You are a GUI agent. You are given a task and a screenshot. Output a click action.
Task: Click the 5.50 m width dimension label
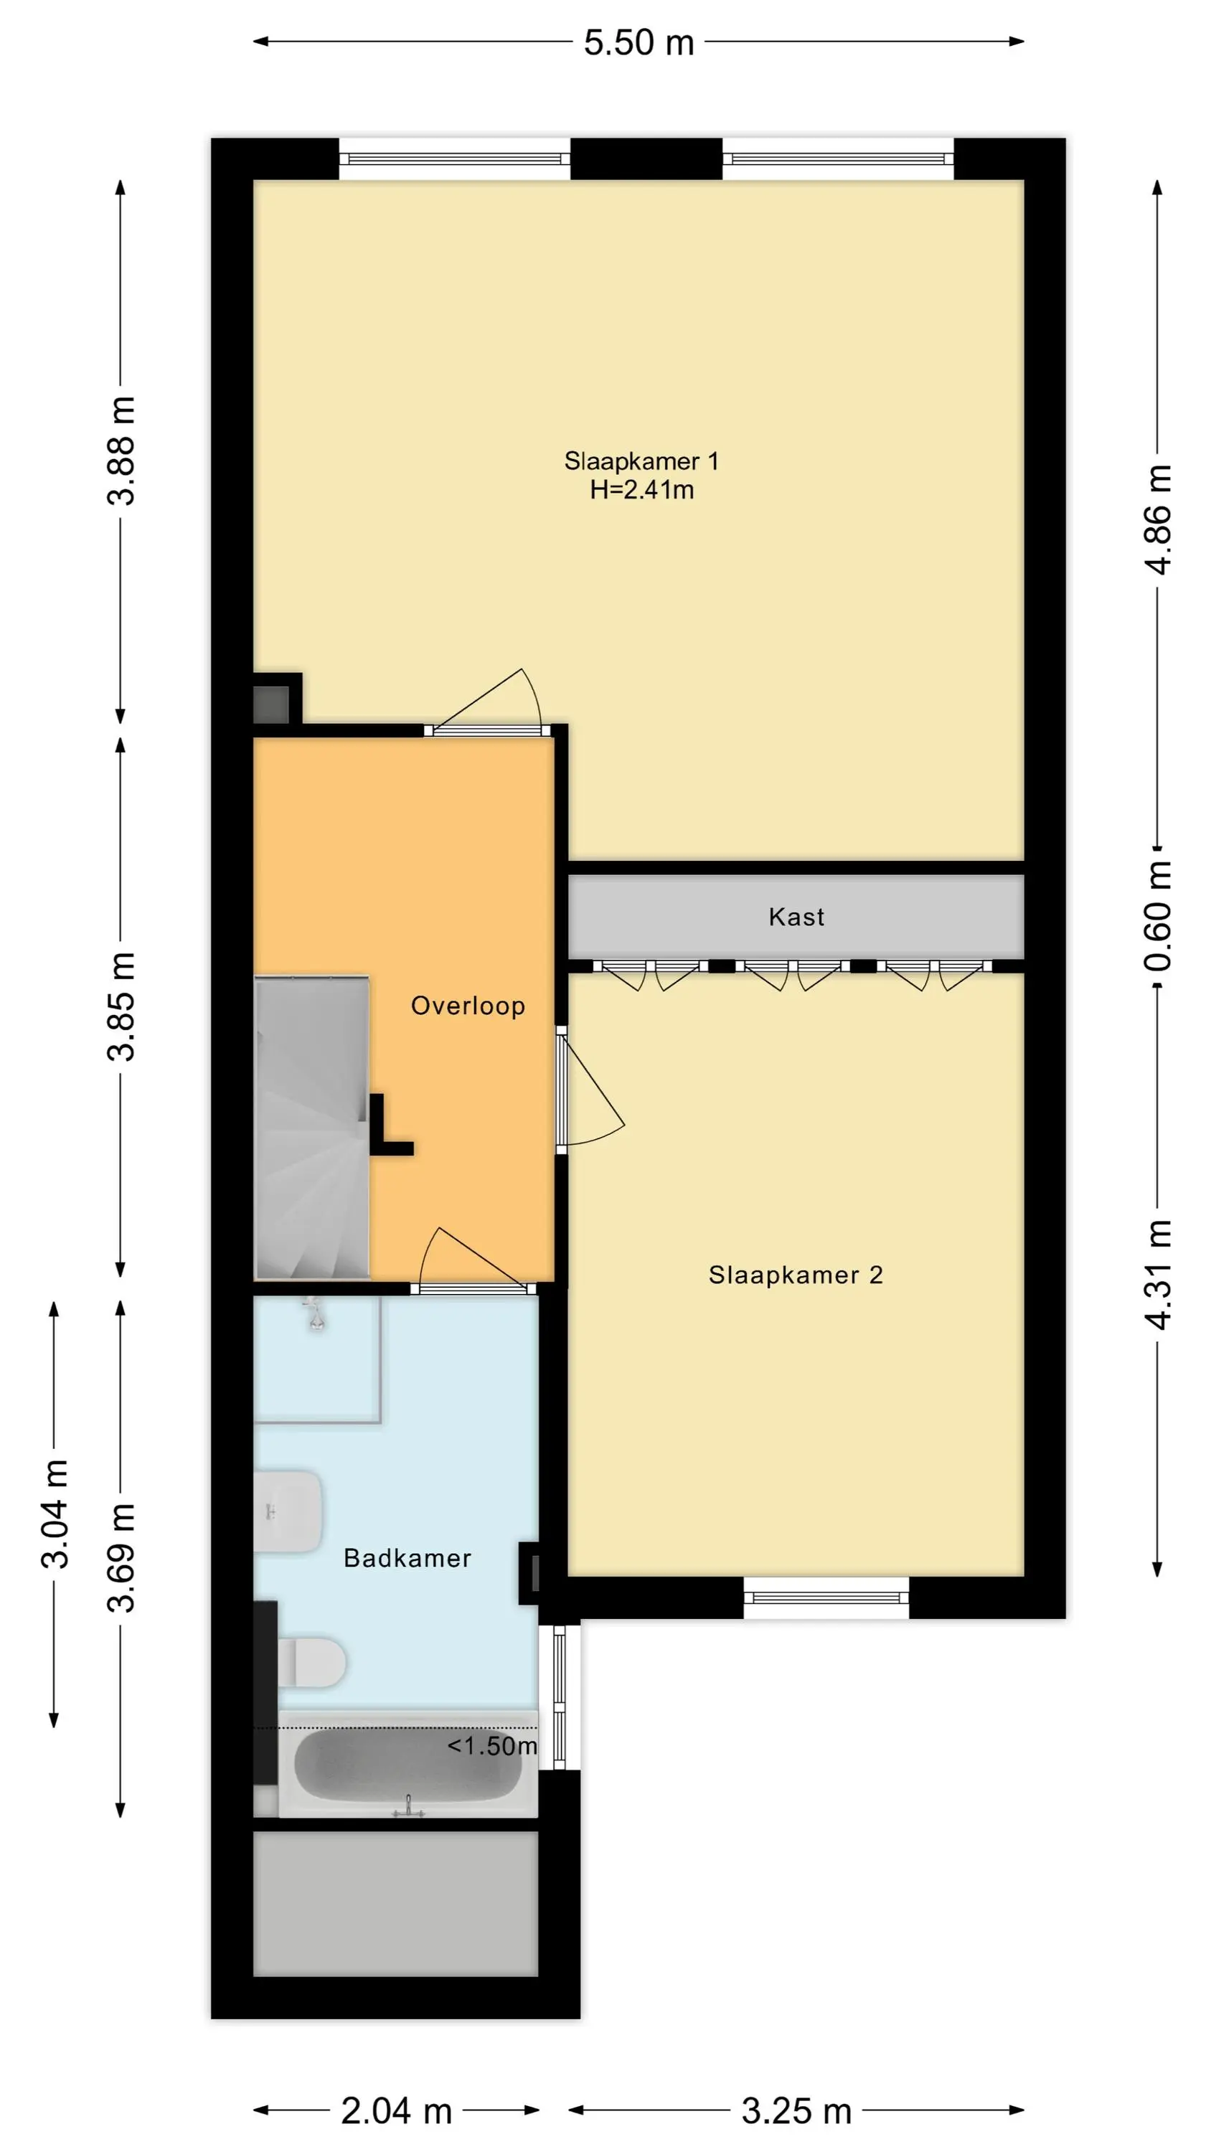pyautogui.click(x=639, y=42)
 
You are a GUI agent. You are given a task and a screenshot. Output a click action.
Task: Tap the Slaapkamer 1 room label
pyautogui.click(x=641, y=461)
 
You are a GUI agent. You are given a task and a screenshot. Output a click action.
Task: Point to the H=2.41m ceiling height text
pyautogui.click(x=642, y=489)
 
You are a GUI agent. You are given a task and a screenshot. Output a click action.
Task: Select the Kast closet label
pyautogui.click(x=796, y=917)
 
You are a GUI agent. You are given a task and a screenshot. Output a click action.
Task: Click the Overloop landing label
pyautogui.click(x=468, y=1006)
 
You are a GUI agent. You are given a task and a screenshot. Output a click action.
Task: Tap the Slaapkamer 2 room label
pyautogui.click(x=796, y=1275)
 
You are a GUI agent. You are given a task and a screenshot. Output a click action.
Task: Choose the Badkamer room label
pyautogui.click(x=407, y=1558)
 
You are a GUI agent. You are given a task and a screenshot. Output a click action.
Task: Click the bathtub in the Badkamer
pyautogui.click(x=407, y=1763)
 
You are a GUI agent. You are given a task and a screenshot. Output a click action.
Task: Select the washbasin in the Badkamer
pyautogui.click(x=288, y=1511)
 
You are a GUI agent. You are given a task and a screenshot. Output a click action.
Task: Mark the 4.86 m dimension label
pyautogui.click(x=1157, y=519)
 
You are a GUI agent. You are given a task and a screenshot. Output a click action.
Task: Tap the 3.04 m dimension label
pyautogui.click(x=55, y=1514)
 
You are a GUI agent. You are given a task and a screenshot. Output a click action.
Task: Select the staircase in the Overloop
pyautogui.click(x=311, y=1127)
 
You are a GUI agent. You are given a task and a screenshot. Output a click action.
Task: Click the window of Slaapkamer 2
pyautogui.click(x=826, y=1598)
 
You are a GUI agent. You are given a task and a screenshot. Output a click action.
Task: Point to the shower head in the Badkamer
pyautogui.click(x=315, y=1313)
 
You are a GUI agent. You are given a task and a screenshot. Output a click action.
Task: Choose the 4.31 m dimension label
pyautogui.click(x=1157, y=1274)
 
